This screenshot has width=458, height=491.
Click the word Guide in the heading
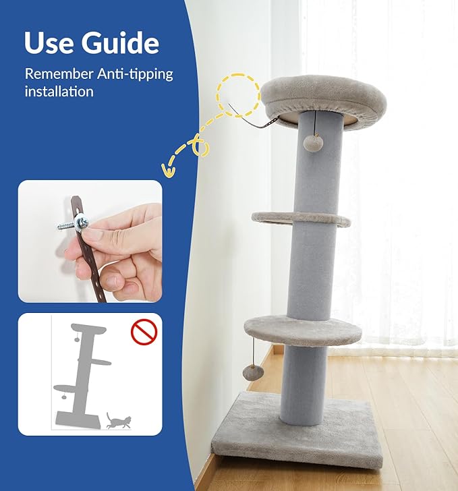tap(121, 43)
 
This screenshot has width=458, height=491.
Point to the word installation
tap(59, 91)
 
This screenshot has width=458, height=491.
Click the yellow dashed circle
tap(237, 96)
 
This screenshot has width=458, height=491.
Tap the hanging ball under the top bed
tap(310, 142)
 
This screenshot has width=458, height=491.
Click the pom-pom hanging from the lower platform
tap(254, 372)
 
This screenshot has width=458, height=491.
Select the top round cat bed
tap(323, 99)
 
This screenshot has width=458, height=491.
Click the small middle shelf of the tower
tap(301, 218)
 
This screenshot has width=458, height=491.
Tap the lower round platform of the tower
tap(303, 330)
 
